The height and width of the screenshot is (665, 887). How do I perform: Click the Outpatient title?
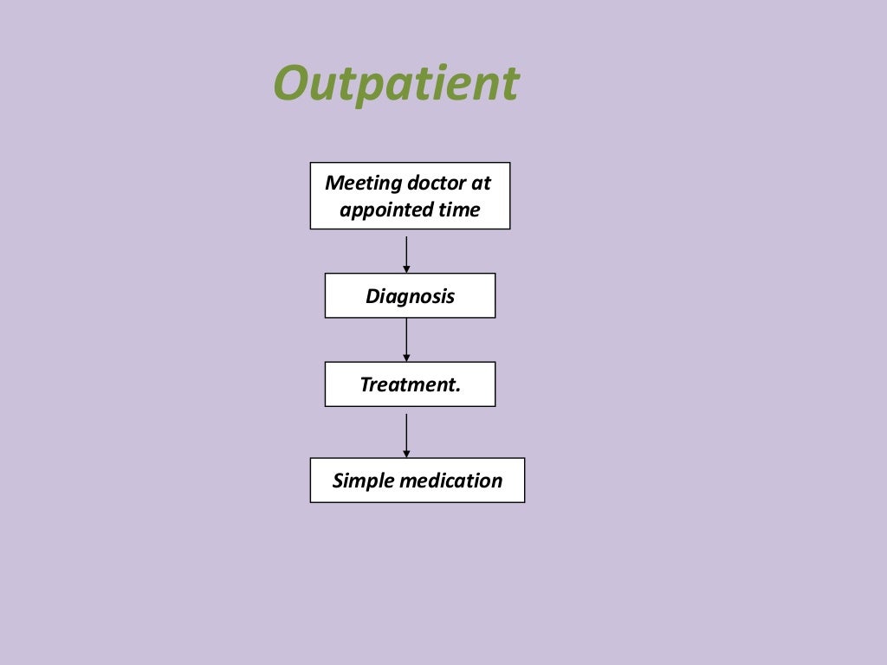(x=396, y=84)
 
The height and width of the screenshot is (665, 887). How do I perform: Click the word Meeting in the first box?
(x=353, y=184)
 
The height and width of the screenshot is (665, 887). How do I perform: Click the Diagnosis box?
(x=410, y=296)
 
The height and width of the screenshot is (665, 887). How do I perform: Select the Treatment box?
(x=410, y=384)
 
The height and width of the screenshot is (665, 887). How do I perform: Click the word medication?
(x=444, y=481)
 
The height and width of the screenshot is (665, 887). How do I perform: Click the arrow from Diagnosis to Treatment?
(x=406, y=339)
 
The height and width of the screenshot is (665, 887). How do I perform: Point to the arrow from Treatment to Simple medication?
(x=406, y=432)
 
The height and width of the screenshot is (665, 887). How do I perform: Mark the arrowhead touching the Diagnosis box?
(x=406, y=269)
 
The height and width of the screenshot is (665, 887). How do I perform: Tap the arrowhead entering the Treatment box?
(x=406, y=358)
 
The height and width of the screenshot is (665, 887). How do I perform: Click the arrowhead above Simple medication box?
(x=406, y=454)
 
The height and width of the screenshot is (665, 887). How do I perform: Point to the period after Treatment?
(x=457, y=391)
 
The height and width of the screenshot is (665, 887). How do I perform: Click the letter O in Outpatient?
(x=292, y=85)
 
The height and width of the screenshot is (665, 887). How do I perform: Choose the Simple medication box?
(x=417, y=481)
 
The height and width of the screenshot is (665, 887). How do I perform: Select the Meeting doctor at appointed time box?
(x=410, y=196)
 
